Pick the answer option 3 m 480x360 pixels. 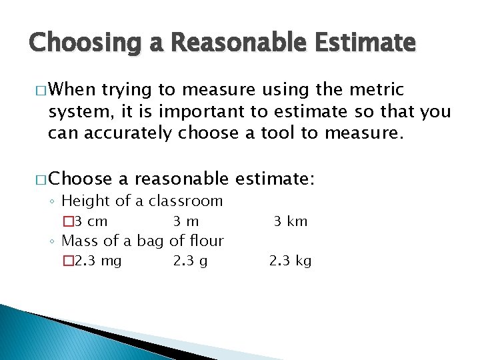coord(186,221)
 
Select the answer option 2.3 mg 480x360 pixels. coord(98,261)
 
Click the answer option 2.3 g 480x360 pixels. coord(190,261)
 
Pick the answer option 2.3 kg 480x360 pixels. coord(291,261)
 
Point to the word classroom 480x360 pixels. coord(185,201)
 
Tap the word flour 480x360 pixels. coord(206,240)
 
